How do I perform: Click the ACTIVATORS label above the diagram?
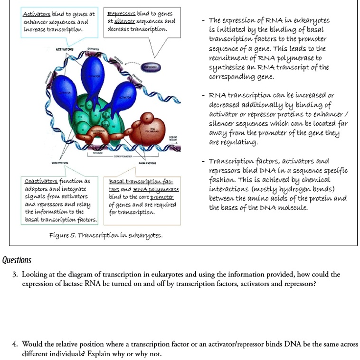pyautogui.click(x=65, y=49)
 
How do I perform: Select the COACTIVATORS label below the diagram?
pyautogui.click(x=59, y=163)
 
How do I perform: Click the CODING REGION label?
pyautogui.click(x=173, y=138)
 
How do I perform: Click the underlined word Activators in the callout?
pyautogui.click(x=37, y=14)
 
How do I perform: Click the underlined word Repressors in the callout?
pyautogui.click(x=122, y=14)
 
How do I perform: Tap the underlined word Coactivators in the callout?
pyautogui.click(x=41, y=181)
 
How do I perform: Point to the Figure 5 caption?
pyautogui.click(x=105, y=235)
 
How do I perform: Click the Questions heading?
pyautogui.click(x=17, y=260)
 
